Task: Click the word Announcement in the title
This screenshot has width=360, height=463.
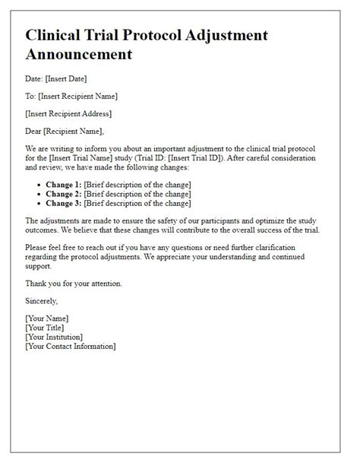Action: [78, 55]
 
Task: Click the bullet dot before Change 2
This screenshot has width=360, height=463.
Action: [39, 195]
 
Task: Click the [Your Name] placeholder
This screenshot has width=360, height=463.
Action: [46, 319]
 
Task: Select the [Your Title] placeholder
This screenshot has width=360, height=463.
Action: [45, 328]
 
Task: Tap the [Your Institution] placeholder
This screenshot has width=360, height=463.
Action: [54, 337]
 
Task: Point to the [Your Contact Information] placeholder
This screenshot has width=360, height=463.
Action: [70, 346]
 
